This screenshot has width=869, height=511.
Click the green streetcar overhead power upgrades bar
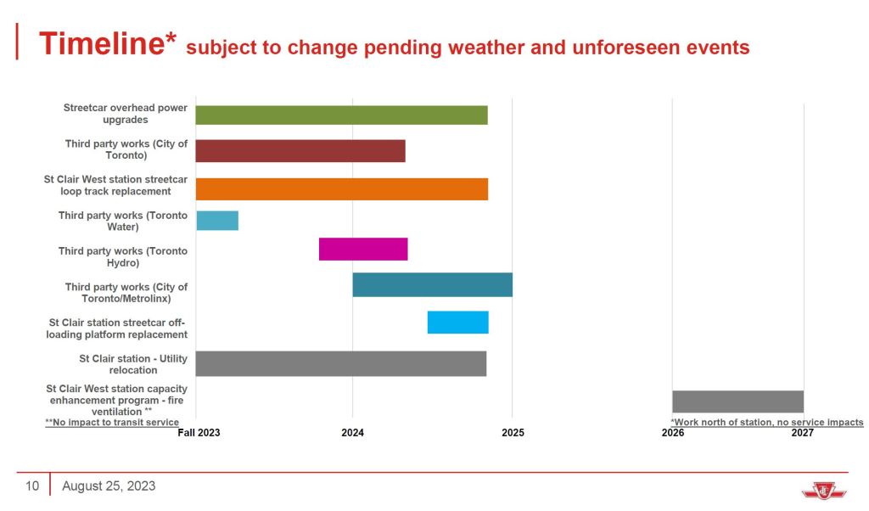[341, 115]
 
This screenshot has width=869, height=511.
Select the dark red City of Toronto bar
[300, 150]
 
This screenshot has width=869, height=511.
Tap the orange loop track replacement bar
[341, 188]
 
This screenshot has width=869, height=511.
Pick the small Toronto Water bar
[217, 221]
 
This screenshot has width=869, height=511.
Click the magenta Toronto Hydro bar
[363, 250]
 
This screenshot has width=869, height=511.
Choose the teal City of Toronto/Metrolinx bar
[432, 285]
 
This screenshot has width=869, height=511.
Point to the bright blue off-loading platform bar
[457, 323]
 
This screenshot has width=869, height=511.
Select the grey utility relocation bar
[340, 363]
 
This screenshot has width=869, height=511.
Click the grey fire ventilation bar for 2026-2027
[737, 401]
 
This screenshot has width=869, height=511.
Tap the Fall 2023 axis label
[199, 433]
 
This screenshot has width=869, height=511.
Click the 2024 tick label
[352, 433]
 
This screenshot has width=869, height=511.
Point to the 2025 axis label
[513, 433]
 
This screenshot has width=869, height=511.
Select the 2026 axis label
[672, 433]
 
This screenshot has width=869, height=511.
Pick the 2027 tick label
[802, 433]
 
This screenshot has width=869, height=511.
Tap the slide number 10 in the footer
[32, 486]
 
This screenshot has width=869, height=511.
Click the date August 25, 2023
[109, 486]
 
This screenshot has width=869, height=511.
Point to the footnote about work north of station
[767, 422]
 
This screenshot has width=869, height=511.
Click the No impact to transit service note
[112, 422]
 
